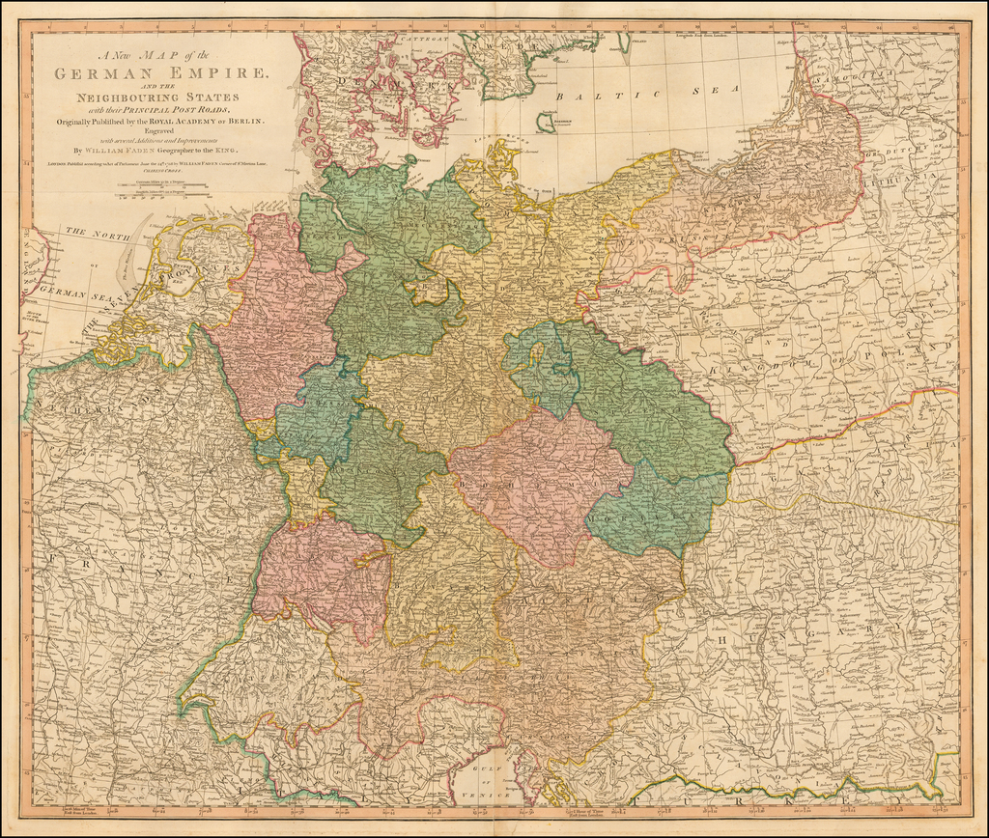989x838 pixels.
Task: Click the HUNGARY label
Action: pos(850,628)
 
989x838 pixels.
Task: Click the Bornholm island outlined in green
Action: pos(547,122)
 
